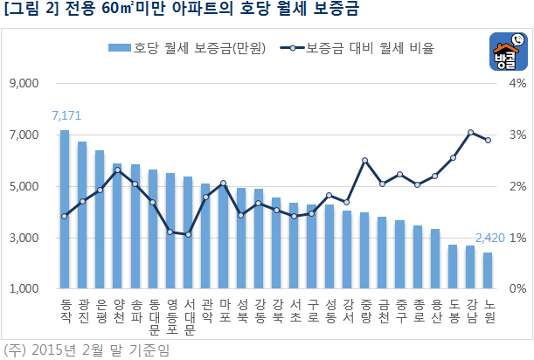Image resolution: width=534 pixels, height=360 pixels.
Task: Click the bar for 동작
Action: (65, 210)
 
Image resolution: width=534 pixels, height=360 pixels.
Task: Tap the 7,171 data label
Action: (66, 116)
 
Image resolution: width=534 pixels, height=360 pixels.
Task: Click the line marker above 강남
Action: (470, 133)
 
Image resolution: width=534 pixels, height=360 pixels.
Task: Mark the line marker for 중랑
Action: (364, 161)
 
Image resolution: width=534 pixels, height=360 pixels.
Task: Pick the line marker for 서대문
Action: (188, 234)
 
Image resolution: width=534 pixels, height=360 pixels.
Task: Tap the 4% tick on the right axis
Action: (516, 84)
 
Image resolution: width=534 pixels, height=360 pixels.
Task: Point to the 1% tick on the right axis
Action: (516, 238)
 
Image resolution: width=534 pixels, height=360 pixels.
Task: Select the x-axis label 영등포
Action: (170, 315)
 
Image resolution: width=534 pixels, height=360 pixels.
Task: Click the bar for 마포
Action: (223, 237)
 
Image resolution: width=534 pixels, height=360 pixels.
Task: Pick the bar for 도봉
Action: (453, 267)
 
